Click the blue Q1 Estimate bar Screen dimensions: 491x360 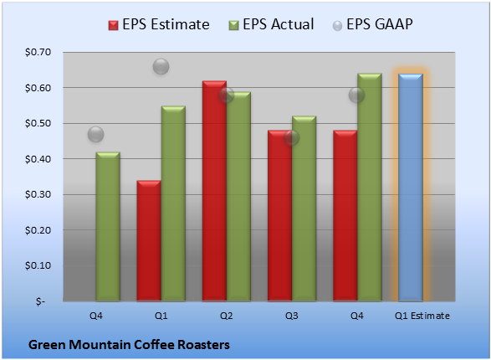tap(411, 188)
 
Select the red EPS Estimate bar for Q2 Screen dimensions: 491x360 tap(214, 191)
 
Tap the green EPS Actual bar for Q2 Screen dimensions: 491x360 tap(238, 197)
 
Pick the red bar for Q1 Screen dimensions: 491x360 tap(149, 240)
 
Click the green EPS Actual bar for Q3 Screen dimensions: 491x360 tap(304, 208)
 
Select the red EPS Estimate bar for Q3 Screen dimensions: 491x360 tap(279, 215)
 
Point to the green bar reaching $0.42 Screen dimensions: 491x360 tap(108, 226)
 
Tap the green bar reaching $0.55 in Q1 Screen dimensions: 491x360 tap(173, 203)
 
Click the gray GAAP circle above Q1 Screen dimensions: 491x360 tap(161, 66)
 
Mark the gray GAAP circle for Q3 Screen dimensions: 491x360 tap(292, 138)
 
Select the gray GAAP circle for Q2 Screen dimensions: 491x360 tap(226, 95)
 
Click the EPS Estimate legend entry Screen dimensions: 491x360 tap(159, 24)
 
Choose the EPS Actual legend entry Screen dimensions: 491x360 tap(271, 24)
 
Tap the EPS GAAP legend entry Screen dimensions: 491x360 tap(372, 24)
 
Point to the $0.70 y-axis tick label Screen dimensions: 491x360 tap(38, 52)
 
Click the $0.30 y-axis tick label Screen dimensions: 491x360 tap(38, 194)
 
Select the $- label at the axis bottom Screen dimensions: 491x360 tap(40, 301)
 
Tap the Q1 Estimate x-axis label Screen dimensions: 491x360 tap(422, 316)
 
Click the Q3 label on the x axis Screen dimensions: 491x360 tap(292, 316)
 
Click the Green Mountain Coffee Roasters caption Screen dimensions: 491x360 tap(129, 345)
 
